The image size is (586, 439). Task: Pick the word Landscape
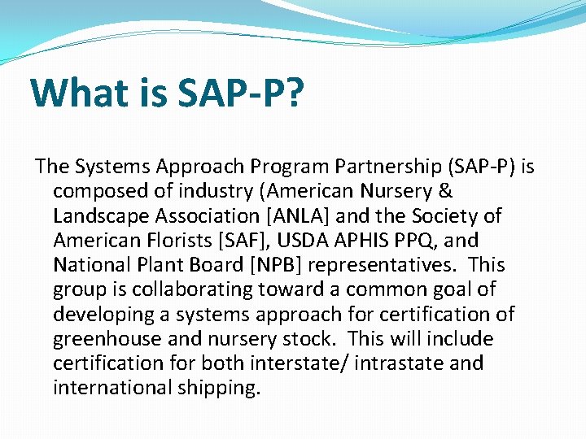(99, 216)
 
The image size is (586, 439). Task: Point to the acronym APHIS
(342, 241)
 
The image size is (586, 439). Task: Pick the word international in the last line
(109, 387)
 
